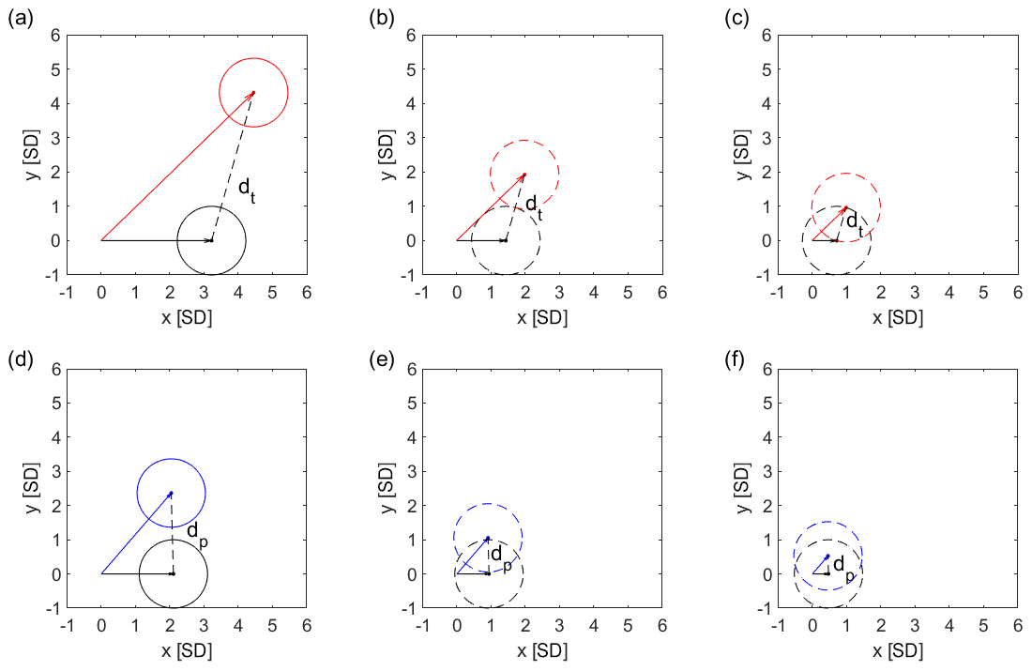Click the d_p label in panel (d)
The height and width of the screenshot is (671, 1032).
[x=197, y=532]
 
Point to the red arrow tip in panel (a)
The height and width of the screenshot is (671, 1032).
[x=253, y=92]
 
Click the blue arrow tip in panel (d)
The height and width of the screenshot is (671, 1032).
[x=172, y=493]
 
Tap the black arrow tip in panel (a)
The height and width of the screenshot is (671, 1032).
[x=212, y=240]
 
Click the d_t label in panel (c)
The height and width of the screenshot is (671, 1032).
[x=854, y=222]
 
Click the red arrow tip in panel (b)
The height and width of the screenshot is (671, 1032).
[x=524, y=174]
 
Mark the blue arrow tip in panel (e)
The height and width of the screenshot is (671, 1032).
[x=488, y=538]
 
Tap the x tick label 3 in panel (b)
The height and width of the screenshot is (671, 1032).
[x=559, y=292]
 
